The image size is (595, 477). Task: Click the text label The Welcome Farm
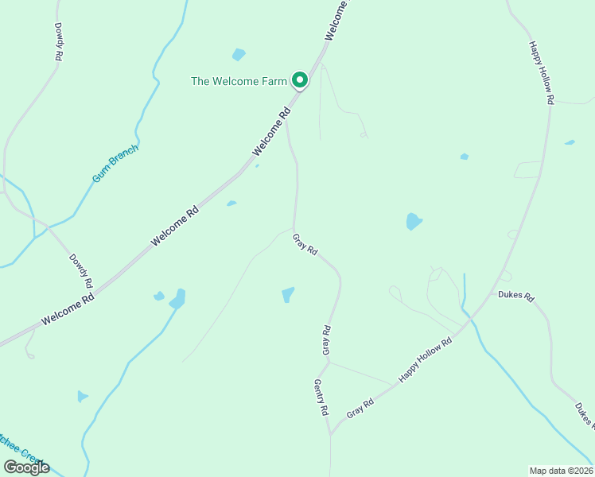pos(238,81)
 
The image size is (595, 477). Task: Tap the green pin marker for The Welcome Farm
pos(299,79)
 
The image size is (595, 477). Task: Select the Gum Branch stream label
pos(115,164)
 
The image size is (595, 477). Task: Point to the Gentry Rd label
pos(321,397)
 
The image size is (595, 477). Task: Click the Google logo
pos(25,467)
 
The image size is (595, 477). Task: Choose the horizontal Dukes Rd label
pos(515,296)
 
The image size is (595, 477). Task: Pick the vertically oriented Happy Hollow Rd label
pos(540,73)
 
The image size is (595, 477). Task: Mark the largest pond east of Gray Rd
pos(413,221)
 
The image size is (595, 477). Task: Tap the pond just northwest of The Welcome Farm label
pos(239,55)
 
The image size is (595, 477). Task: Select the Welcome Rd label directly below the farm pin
pos(272,132)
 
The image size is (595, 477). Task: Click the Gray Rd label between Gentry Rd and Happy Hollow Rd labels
pos(360,410)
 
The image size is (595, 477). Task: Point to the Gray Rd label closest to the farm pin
pos(305,244)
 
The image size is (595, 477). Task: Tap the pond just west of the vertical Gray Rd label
pos(288,295)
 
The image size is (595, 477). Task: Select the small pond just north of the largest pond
pos(465,157)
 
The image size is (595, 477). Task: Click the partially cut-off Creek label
pos(21,449)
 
